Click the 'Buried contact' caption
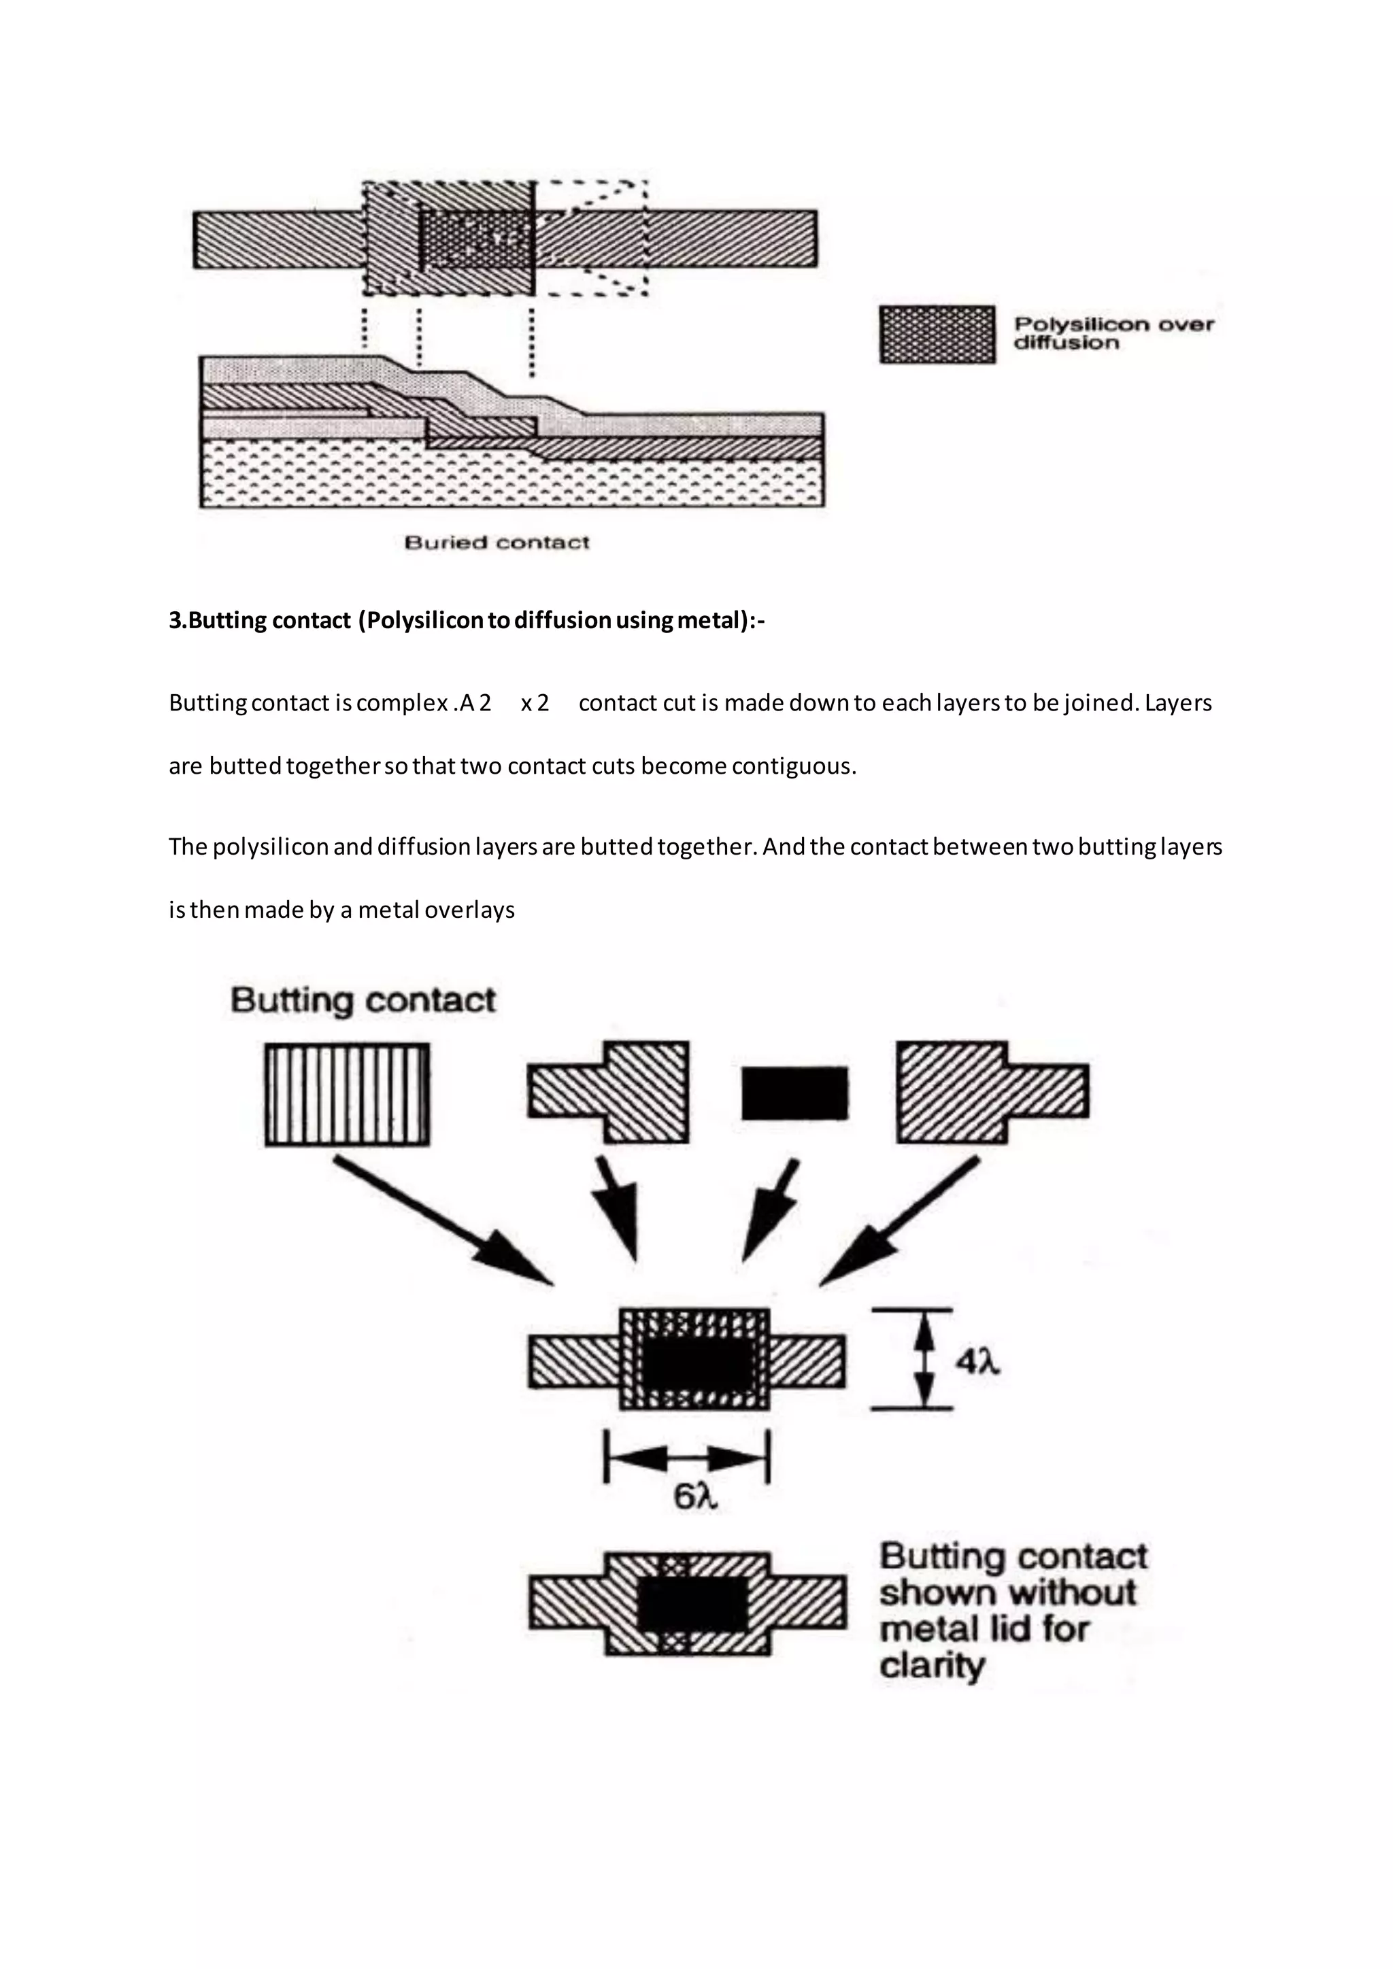tap(497, 542)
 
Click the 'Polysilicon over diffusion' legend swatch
tap(937, 335)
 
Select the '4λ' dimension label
tap(978, 1361)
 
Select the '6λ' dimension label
tap(694, 1496)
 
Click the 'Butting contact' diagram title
tap(363, 1000)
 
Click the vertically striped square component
tap(346, 1093)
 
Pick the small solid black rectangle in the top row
tap(794, 1093)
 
